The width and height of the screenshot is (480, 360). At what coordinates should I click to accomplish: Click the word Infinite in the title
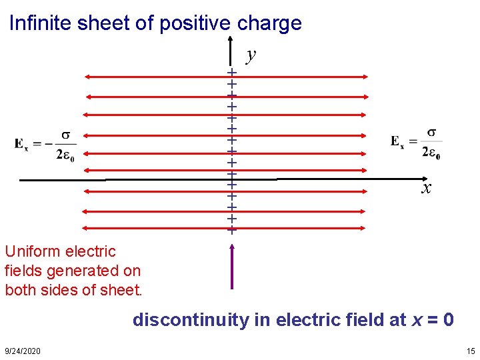(41, 24)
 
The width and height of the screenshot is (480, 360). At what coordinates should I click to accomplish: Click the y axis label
(251, 55)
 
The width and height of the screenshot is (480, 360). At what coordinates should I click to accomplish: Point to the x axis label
(425, 189)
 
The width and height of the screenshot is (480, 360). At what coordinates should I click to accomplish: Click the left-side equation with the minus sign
(46, 144)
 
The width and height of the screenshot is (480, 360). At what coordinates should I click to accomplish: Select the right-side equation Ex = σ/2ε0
(416, 143)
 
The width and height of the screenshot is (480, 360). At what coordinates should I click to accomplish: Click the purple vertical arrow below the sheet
(232, 267)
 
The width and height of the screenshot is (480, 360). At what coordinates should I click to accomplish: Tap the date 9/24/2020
(22, 351)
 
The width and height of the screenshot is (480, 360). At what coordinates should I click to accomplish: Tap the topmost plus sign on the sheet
(232, 72)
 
